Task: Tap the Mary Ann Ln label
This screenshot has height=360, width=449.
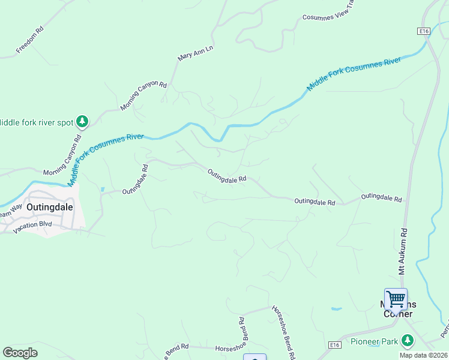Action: coord(196,53)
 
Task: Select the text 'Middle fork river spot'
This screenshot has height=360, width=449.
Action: coord(35,122)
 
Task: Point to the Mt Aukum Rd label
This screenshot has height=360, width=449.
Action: coord(403,251)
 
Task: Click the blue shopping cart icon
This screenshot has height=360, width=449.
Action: coord(396,298)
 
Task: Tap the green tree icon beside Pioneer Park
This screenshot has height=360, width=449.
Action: coord(408,341)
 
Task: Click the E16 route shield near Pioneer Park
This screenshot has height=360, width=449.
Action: coord(336,345)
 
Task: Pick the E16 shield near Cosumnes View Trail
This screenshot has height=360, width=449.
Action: coord(424,31)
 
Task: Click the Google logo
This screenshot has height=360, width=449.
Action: coord(20,353)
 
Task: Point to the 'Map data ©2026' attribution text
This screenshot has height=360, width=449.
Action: coord(423,355)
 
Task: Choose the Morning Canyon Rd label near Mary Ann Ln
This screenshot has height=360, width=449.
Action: coord(143,95)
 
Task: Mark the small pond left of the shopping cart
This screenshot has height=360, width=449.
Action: coord(336,310)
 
